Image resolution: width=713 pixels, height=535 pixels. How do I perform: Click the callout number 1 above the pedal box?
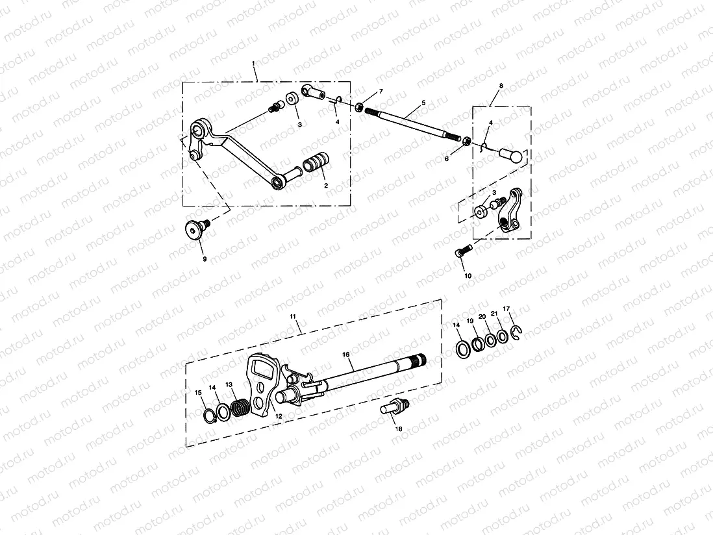[x=254, y=64]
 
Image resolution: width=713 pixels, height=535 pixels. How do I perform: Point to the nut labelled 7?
[x=358, y=105]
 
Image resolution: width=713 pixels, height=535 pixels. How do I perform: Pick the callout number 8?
[x=501, y=86]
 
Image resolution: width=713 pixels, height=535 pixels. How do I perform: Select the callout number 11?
[x=293, y=316]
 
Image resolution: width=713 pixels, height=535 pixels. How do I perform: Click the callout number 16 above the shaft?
[x=345, y=354]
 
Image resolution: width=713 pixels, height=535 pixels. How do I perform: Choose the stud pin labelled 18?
[x=395, y=410]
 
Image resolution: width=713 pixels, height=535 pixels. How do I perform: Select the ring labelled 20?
[x=490, y=340]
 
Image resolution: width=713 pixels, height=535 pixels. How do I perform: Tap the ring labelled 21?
[x=502, y=337]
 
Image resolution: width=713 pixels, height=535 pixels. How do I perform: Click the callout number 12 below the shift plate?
[x=279, y=417]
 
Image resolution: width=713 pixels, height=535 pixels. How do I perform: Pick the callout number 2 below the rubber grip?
[x=326, y=186]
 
